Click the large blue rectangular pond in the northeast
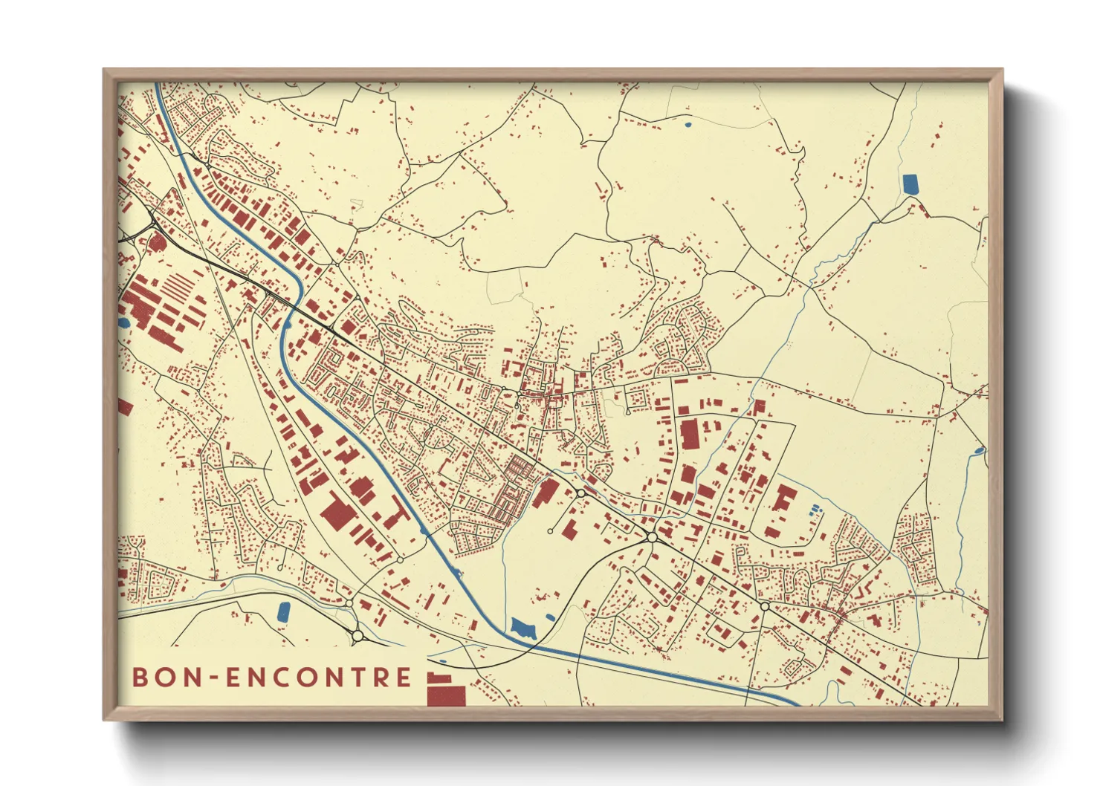point(910,183)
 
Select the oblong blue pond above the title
point(283,611)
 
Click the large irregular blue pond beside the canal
point(524,628)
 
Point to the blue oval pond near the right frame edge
point(979,450)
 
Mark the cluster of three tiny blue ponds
point(815,510)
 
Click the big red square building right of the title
point(446,695)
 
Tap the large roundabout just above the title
point(357,636)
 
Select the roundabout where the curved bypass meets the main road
point(652,537)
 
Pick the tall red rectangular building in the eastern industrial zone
point(689,435)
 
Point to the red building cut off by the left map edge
point(125,407)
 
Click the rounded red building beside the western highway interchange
point(158,242)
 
